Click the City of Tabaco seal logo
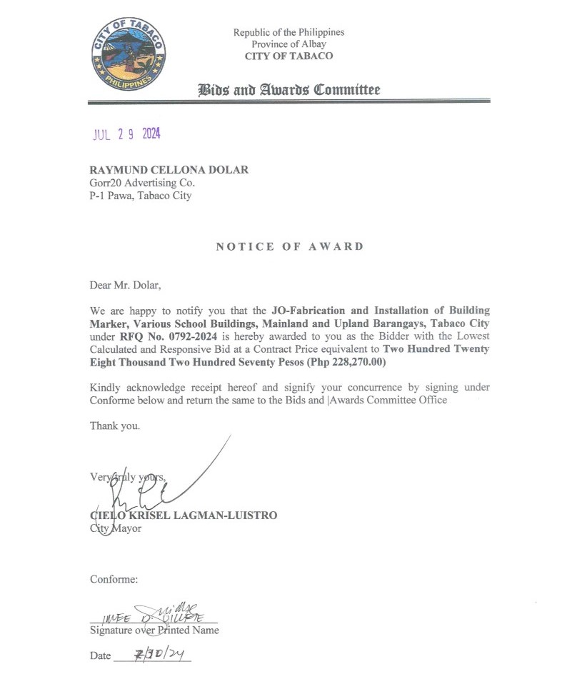pos(129,54)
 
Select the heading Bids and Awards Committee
pos(289,90)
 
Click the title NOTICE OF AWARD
pos(289,246)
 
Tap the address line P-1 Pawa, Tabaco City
pos(140,195)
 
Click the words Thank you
pos(115,426)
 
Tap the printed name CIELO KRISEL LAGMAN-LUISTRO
pos(184,515)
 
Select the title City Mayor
pos(116,528)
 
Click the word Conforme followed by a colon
pos(114,578)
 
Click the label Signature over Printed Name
pos(154,630)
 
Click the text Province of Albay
pos(288,44)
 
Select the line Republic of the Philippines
pos(288,32)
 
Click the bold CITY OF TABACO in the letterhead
pos(288,56)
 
